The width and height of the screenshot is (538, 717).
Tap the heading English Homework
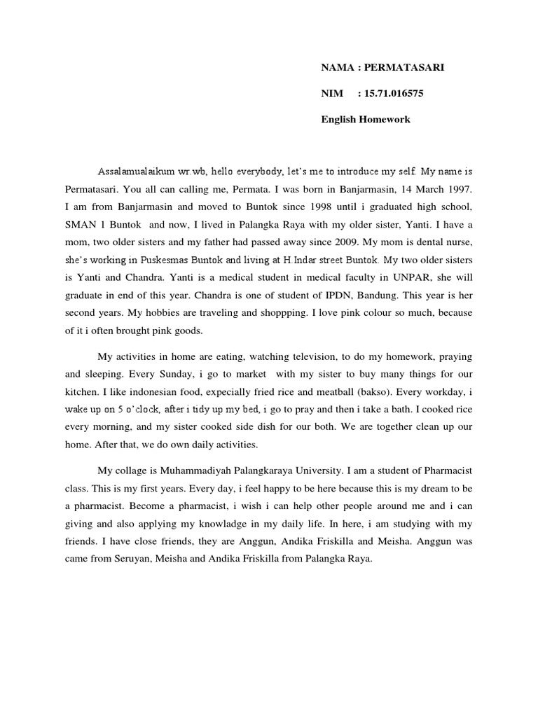(366, 120)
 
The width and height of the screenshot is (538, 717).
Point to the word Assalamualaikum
(137, 171)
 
